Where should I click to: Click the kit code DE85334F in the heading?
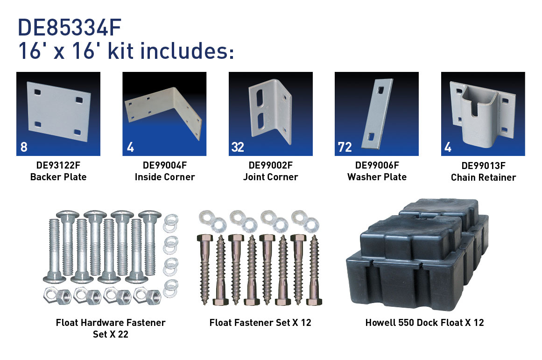tap(70, 28)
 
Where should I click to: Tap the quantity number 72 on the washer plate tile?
tap(345, 148)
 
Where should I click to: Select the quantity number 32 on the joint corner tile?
tap(238, 148)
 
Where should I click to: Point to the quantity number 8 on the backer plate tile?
tap(24, 148)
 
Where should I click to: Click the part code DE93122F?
tap(58, 165)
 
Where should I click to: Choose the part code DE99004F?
tap(164, 165)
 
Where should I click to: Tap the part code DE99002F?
tap(271, 165)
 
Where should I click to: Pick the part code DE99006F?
tap(377, 165)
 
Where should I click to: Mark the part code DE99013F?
tap(483, 166)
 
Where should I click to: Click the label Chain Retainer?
tap(483, 177)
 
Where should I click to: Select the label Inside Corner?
tap(164, 177)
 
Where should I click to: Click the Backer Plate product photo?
tap(59, 111)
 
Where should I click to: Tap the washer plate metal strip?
tap(377, 114)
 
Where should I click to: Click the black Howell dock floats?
tap(417, 254)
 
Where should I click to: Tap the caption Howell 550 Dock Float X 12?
tap(424, 323)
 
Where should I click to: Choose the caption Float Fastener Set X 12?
tap(260, 323)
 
